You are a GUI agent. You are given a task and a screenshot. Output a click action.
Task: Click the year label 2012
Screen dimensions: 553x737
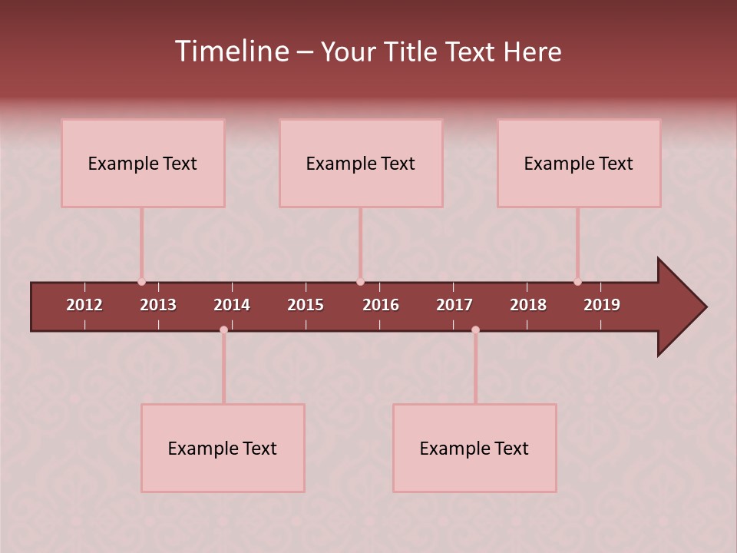coord(84,305)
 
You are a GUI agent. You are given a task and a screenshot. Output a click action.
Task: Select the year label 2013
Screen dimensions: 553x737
coord(158,305)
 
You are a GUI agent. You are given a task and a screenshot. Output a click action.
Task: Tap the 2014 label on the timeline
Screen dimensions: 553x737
coord(232,305)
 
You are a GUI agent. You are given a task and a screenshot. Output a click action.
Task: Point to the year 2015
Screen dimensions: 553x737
coord(306,305)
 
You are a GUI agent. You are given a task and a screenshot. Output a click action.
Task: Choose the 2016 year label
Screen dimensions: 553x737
coord(381,305)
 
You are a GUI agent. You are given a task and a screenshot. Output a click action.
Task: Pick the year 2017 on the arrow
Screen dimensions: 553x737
coord(454,305)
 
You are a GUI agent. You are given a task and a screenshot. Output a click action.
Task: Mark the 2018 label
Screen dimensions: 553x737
coord(528,305)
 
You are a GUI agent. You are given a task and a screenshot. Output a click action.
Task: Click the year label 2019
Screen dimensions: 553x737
coord(602,305)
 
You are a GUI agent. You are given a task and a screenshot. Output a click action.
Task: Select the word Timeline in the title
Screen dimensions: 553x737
coord(231,51)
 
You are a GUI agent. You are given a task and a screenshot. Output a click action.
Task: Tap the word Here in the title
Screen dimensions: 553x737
coord(532,52)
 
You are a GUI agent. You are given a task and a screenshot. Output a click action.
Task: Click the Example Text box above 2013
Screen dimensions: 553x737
coord(143,163)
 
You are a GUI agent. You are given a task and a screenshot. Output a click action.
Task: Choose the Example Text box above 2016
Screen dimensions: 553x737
coord(361,163)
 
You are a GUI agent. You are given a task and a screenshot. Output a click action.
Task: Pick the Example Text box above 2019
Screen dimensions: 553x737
coord(579,163)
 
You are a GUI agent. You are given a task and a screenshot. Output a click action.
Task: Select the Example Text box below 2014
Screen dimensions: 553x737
coord(223,448)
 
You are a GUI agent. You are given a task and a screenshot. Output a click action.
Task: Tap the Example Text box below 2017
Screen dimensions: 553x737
coord(474,448)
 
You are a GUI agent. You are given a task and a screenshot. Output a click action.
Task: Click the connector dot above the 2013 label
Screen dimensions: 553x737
coord(141,282)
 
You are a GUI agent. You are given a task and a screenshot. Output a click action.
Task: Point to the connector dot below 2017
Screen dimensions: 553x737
coord(475,329)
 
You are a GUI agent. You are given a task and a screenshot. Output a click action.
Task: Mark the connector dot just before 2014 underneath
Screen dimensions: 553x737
coord(223,329)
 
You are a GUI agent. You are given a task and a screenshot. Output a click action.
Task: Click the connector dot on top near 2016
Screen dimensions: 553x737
coord(360,282)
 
